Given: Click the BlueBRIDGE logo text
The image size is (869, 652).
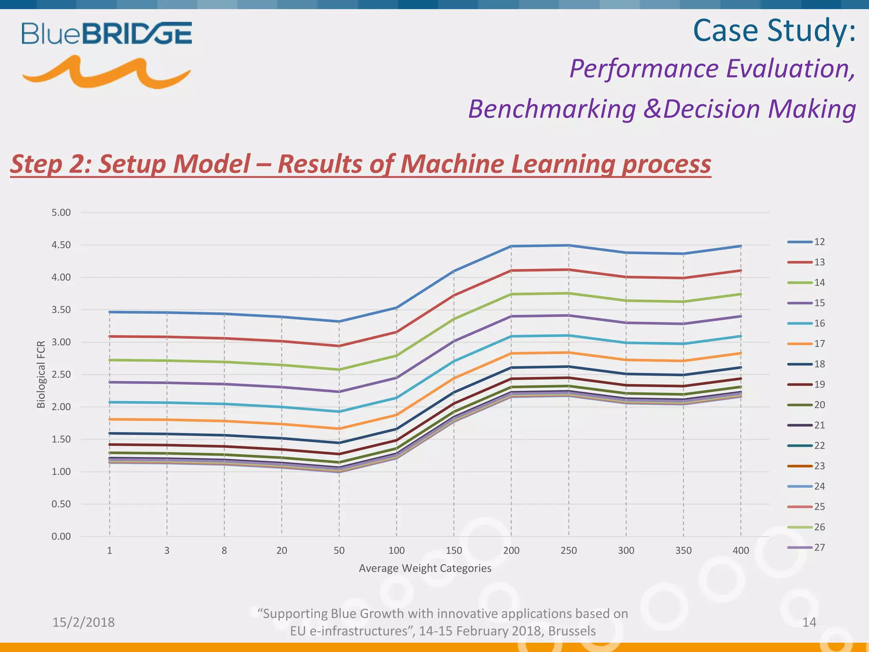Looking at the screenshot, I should click(x=107, y=34).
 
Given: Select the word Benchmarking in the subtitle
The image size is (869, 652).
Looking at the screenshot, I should click(x=552, y=109).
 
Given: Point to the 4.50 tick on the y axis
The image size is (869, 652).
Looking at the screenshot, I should click(x=61, y=245).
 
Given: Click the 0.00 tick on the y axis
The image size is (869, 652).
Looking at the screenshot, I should click(x=61, y=537).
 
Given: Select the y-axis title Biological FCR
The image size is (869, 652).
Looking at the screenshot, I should click(x=41, y=374).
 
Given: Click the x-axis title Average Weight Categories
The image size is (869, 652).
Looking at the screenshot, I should click(x=425, y=568).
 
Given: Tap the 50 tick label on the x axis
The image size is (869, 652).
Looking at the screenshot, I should click(x=339, y=551).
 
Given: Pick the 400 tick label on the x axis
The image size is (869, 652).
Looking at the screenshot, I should click(x=741, y=551).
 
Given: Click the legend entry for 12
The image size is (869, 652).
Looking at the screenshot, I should click(x=806, y=242).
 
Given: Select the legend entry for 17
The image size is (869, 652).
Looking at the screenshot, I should click(x=806, y=344).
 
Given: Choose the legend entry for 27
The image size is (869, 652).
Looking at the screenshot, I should click(x=806, y=548).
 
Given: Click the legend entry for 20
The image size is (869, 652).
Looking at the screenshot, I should click(x=806, y=405).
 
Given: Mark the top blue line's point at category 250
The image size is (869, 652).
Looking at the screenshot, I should click(x=569, y=245).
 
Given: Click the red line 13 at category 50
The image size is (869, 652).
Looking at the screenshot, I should click(x=339, y=346).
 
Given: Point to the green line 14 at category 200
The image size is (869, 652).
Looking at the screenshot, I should click(x=511, y=294).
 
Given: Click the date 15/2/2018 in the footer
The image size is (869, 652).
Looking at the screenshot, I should click(x=84, y=622).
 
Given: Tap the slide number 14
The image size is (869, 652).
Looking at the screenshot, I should click(x=809, y=622).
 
